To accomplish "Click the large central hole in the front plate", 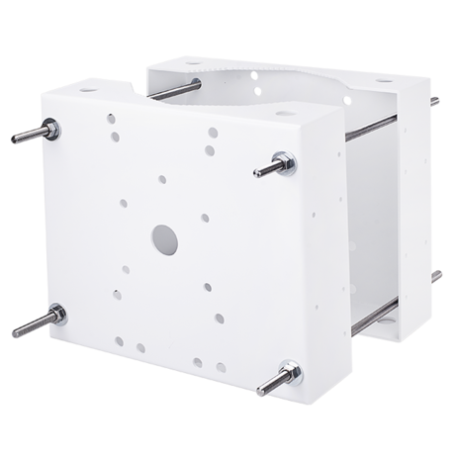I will click(161, 236).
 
